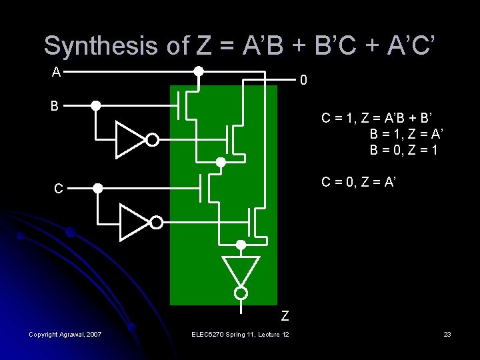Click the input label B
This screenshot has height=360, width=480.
click(56, 105)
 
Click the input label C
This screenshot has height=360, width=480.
click(59, 189)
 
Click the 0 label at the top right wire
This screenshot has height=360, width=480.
click(303, 81)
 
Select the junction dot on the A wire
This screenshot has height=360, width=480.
click(199, 71)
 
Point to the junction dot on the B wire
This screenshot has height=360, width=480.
click(96, 105)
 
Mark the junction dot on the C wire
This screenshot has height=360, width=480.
click(97, 189)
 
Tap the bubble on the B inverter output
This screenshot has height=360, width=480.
click(153, 140)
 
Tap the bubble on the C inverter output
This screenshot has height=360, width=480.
click(156, 222)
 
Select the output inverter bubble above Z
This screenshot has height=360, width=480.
click(241, 293)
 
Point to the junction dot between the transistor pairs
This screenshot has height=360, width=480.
click(221, 161)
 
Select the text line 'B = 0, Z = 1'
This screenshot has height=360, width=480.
click(404, 150)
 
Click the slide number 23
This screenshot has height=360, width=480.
click(447, 334)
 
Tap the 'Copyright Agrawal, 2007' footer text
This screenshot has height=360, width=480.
click(65, 334)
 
